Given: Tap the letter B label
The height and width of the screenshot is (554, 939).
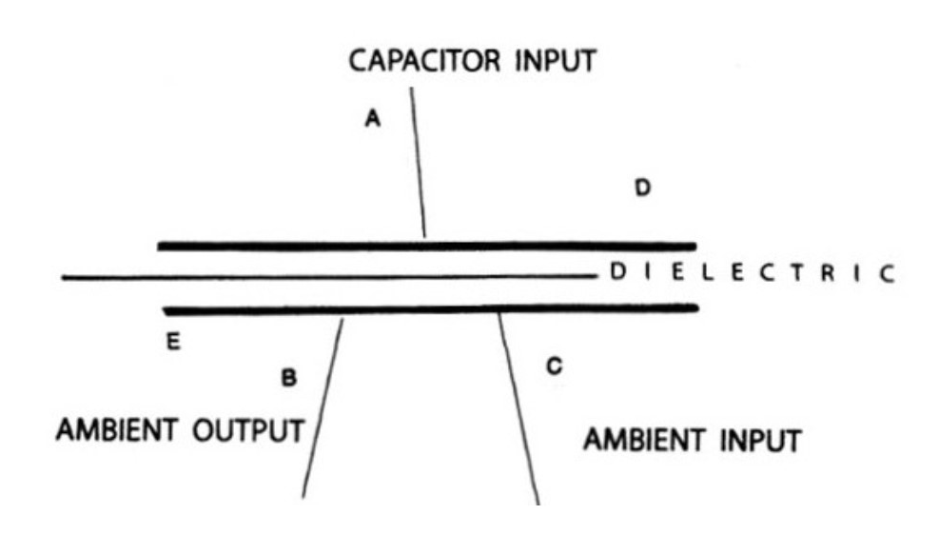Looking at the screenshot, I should click(x=289, y=378).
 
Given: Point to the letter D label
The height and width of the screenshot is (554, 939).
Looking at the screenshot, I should click(x=643, y=188).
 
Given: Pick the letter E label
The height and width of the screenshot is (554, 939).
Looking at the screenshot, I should click(x=174, y=342).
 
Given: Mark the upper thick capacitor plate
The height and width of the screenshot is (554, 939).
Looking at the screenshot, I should click(x=427, y=247).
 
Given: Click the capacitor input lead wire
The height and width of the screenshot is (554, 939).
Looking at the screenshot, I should click(x=418, y=162).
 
